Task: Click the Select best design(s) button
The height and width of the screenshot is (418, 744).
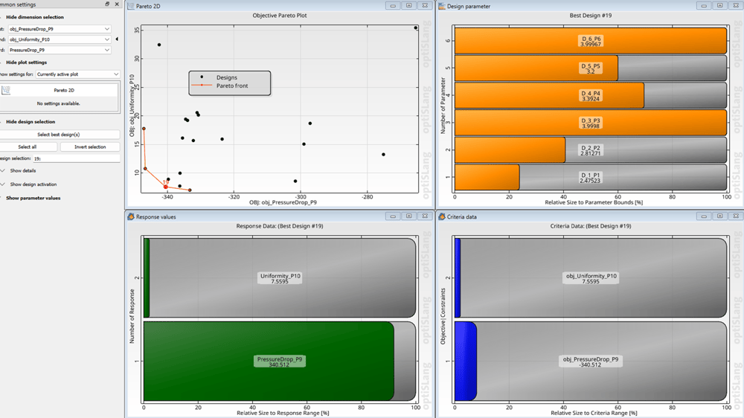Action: pos(59,135)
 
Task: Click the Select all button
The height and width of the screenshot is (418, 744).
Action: pos(28,147)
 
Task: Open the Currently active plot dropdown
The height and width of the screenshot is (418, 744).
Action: pos(77,74)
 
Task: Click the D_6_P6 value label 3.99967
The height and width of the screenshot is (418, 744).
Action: pos(590,45)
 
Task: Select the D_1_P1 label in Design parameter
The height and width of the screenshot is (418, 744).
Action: pos(590,176)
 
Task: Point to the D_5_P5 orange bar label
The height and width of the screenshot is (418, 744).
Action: pos(590,66)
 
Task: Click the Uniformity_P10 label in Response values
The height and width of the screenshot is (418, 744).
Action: pos(280,276)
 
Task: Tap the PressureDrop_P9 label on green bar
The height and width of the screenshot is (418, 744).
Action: pos(280,360)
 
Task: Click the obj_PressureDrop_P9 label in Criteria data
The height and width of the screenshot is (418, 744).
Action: pos(590,360)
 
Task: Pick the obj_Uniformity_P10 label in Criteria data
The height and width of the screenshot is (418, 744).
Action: pos(591,276)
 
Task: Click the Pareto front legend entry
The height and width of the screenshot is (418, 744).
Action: pos(231,86)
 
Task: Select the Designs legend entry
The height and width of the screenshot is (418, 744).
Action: pos(226,77)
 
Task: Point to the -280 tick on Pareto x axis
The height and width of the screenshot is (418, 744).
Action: pos(367,197)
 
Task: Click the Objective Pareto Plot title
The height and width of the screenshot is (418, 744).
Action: pos(280,15)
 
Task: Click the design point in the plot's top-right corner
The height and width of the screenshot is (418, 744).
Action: pos(416,28)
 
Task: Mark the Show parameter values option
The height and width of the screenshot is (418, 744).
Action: pos(33,198)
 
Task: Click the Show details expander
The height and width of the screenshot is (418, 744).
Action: pos(22,170)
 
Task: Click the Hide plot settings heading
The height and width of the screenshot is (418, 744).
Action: pos(26,62)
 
